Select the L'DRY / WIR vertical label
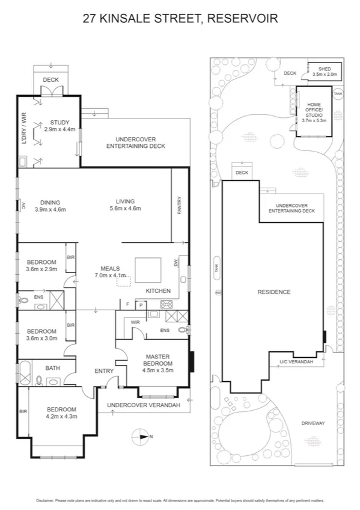24,131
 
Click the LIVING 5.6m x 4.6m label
126,205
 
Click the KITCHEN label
159,291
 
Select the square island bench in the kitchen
147,269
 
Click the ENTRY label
104,371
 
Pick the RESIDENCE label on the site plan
273,292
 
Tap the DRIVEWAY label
313,423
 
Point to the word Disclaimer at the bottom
46,500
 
